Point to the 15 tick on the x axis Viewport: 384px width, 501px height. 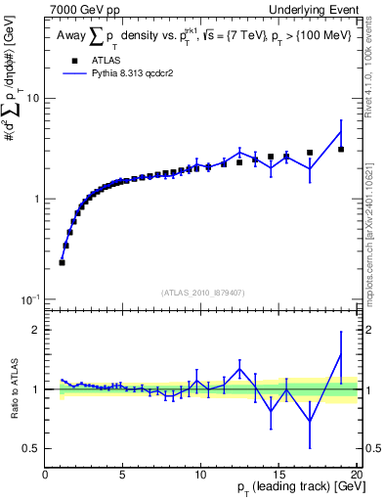(x=278, y=475)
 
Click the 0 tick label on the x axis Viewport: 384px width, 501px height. (x=45, y=475)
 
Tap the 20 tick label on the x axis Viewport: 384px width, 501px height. (x=356, y=475)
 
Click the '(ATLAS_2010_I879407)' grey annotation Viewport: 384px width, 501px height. (x=201, y=291)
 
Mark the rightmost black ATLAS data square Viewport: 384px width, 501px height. (x=341, y=150)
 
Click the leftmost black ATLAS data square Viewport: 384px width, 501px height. (x=63, y=262)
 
